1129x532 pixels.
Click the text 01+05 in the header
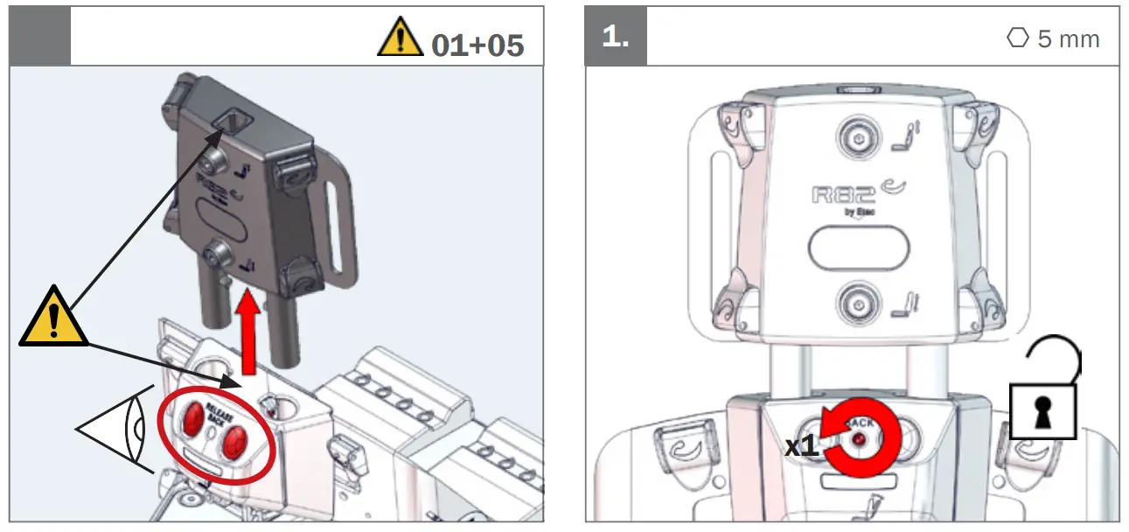pyautogui.click(x=477, y=45)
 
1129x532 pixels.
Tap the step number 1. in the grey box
pyautogui.click(x=616, y=38)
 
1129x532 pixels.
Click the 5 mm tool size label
pyautogui.click(x=1068, y=39)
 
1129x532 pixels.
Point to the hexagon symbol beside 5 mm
pyautogui.click(x=1017, y=38)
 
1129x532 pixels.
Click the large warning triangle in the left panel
pyautogui.click(x=53, y=318)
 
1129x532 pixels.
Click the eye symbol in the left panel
pyautogui.click(x=118, y=429)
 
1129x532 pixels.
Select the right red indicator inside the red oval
pyautogui.click(x=233, y=444)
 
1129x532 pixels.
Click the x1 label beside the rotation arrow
pyautogui.click(x=801, y=446)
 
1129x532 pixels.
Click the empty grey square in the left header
pyautogui.click(x=39, y=36)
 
